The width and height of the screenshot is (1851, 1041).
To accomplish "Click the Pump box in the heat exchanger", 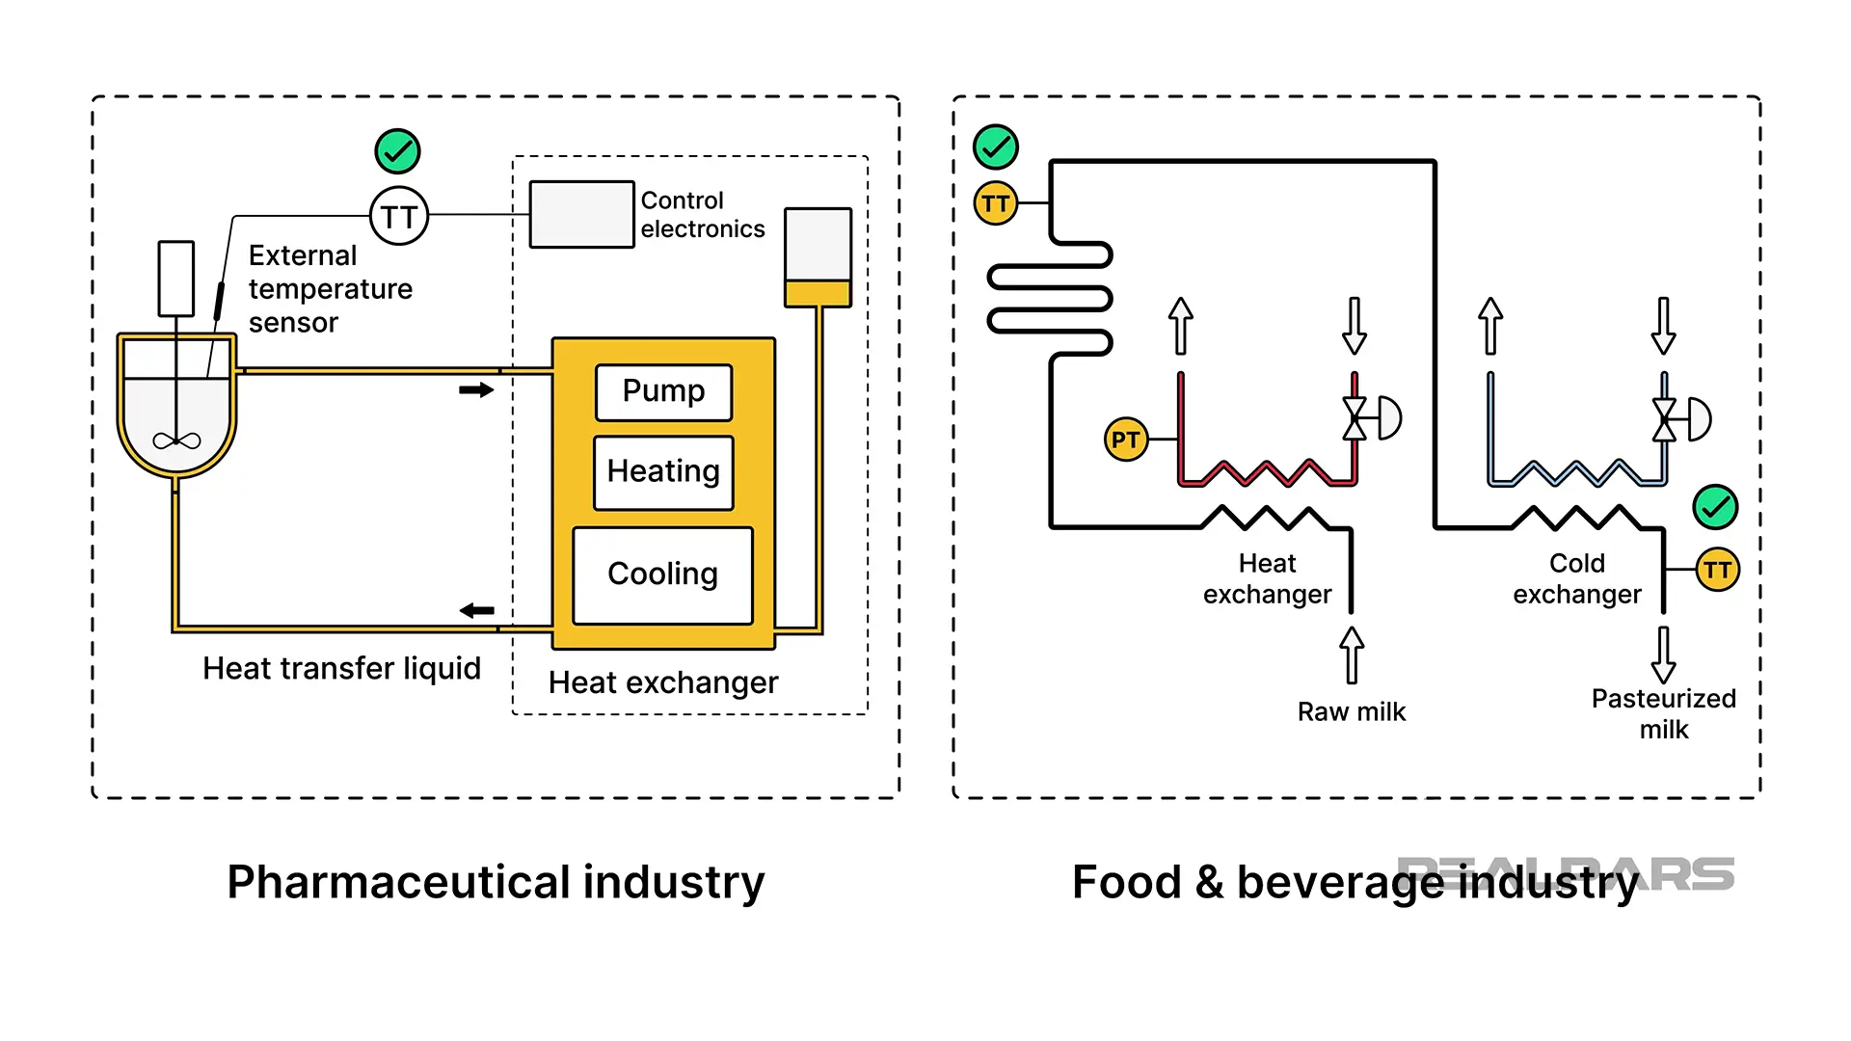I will (x=663, y=392).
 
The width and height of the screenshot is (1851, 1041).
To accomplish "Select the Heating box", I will (x=663, y=472).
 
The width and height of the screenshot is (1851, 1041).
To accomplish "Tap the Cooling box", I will (x=662, y=575).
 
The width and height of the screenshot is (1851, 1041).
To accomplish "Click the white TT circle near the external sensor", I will (x=399, y=216).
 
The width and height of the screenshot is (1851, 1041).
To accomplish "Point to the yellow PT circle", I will (x=1125, y=440).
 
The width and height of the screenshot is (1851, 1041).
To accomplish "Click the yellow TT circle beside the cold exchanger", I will (x=1717, y=570).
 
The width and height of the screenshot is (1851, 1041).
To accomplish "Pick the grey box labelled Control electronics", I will (x=581, y=214).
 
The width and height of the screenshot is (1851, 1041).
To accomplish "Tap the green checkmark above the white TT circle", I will (x=397, y=151).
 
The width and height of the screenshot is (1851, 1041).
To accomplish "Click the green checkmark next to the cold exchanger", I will (x=1715, y=507).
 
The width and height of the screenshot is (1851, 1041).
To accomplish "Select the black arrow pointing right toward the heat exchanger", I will (x=476, y=390).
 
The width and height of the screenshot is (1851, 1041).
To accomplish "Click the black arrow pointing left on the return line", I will (x=477, y=610).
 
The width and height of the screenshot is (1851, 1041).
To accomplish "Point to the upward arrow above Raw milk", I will (x=1352, y=654).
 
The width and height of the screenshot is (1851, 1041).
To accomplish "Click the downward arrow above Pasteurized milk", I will (x=1663, y=654).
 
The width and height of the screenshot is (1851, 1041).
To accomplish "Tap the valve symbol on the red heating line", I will (x=1355, y=418).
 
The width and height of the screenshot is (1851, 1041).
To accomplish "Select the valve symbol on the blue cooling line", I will (x=1665, y=419).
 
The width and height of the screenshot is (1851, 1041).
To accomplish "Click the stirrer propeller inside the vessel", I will (x=176, y=440).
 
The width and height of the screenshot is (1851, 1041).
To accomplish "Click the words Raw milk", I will (x=1351, y=712).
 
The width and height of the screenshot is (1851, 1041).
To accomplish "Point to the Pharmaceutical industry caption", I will (x=496, y=882).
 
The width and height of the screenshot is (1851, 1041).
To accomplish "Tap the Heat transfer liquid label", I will (x=341, y=669).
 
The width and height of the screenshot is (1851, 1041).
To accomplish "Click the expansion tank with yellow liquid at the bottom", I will (x=818, y=257).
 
